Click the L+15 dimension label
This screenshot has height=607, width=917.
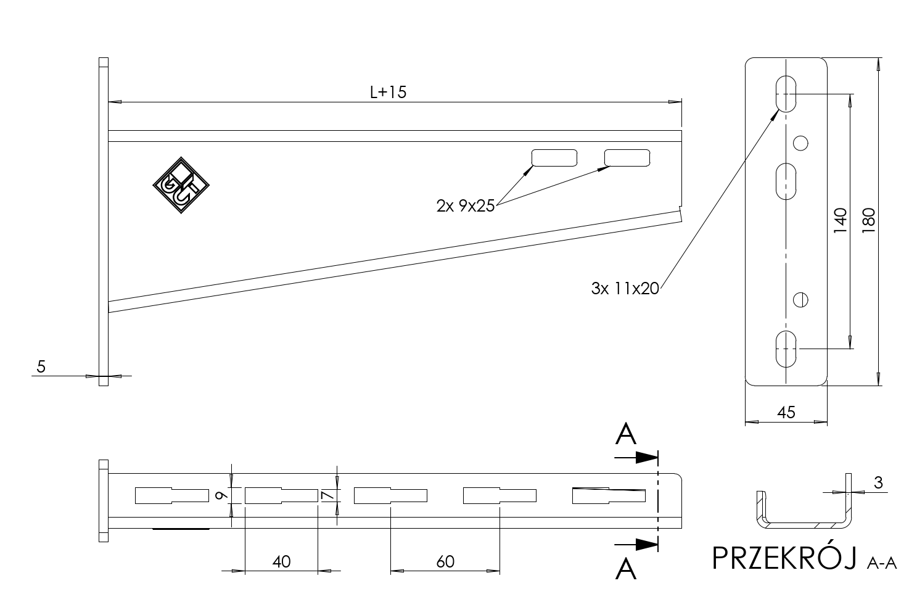[388, 92]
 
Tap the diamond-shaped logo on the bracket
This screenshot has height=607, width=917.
[181, 185]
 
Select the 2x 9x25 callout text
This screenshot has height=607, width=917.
[466, 205]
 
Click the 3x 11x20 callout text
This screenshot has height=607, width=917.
[625, 288]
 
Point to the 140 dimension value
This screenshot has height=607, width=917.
[840, 220]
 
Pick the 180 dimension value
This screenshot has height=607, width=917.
[869, 220]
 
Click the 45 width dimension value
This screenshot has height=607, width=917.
[786, 413]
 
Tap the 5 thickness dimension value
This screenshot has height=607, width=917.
[41, 366]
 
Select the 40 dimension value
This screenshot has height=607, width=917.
[282, 561]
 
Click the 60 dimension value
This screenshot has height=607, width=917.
[445, 561]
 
